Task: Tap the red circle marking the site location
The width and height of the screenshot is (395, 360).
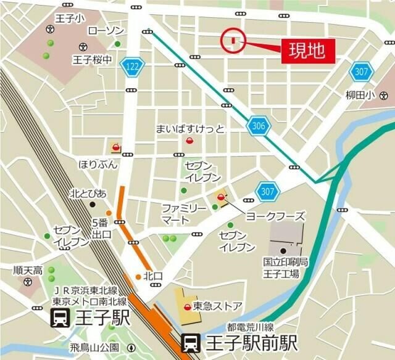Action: [x=233, y=41]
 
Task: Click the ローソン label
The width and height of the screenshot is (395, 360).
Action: [x=106, y=31]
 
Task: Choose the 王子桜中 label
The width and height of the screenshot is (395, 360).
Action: [x=92, y=60]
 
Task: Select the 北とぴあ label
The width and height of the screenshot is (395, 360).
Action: [x=88, y=194]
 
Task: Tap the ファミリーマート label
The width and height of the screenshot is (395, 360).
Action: [x=184, y=214]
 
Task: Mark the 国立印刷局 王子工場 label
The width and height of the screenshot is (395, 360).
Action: [x=281, y=268]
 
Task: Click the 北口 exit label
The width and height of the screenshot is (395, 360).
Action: [x=152, y=276]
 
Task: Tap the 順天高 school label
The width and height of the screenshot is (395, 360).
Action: [x=28, y=270]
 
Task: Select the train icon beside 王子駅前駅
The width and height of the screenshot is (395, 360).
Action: [x=191, y=342]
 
